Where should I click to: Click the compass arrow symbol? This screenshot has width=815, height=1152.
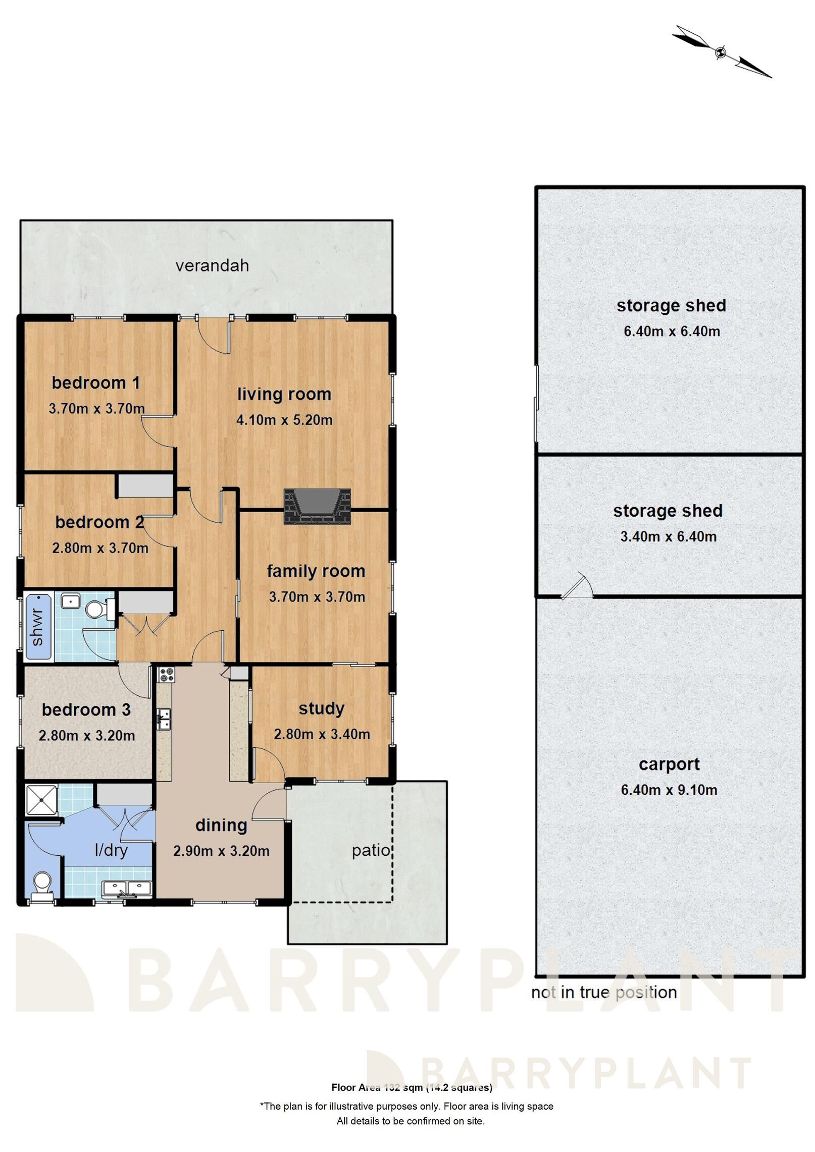point(721,51)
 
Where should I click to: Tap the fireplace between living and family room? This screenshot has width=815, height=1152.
point(317,506)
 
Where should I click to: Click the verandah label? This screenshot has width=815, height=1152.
point(212,265)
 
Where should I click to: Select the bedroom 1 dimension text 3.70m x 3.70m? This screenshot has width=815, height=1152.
point(96,408)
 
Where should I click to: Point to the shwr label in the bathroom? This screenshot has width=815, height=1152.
point(38,627)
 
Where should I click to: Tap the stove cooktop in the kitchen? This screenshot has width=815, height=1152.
point(166,675)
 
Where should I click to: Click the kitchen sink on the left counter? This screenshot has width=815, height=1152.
point(164,719)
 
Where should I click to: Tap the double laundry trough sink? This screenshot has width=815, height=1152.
point(127,888)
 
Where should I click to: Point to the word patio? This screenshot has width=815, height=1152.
point(371,850)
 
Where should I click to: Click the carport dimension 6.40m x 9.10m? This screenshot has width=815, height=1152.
point(669,790)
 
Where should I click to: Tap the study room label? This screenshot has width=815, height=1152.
point(321,708)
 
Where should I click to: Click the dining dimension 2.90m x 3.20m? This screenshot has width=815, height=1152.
point(221,851)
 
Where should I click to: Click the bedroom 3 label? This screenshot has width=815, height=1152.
point(86,709)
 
